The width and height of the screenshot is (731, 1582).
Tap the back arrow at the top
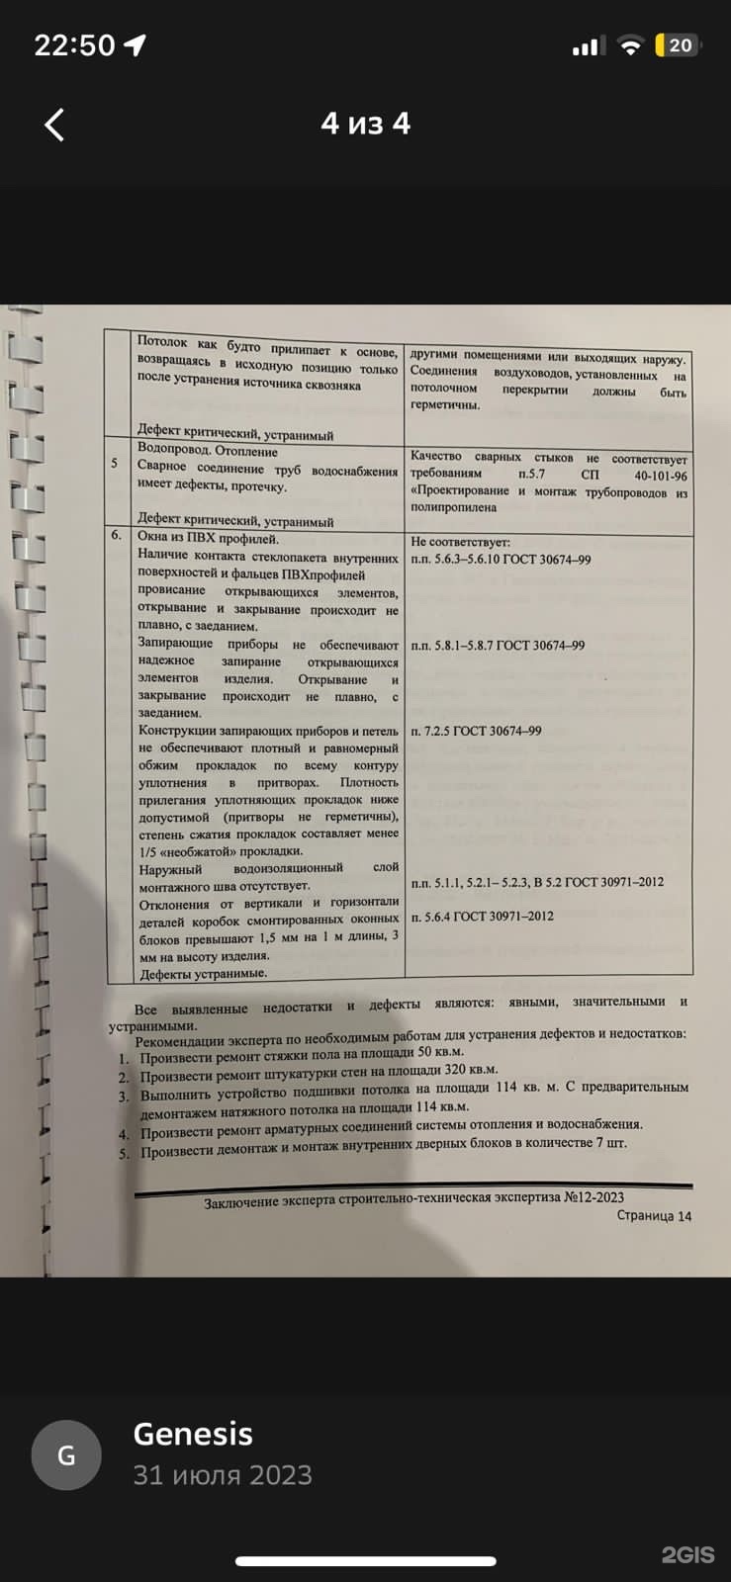55,125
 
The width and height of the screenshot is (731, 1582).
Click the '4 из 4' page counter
365,124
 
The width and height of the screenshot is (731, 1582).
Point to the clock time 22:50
75,45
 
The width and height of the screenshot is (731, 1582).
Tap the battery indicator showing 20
678,45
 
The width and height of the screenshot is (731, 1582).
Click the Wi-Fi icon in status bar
628,45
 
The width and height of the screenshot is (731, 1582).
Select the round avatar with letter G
66,1455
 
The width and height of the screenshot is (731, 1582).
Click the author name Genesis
193,1434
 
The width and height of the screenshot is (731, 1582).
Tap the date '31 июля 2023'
223,1475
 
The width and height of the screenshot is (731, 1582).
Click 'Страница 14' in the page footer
654,1216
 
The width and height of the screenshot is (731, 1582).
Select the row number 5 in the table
115,463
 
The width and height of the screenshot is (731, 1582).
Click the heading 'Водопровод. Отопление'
208,451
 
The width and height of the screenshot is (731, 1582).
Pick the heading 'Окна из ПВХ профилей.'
209,538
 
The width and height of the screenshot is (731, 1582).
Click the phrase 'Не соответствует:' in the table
460,542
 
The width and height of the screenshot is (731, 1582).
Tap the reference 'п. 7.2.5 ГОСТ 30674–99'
476,731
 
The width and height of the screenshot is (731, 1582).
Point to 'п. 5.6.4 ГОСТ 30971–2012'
482,917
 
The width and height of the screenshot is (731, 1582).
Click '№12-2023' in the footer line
594,1197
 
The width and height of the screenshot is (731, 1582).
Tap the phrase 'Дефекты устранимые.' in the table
203,974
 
